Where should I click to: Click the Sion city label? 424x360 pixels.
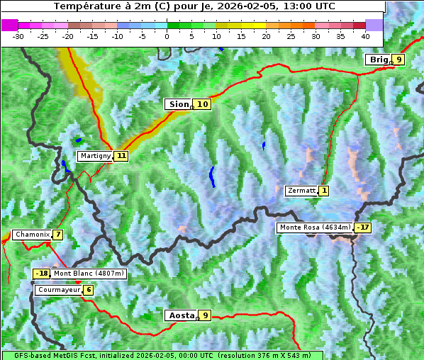pos(178,104)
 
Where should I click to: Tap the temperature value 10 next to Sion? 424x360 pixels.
pos(203,104)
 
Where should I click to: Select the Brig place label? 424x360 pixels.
pos(378,60)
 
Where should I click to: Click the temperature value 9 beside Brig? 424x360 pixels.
pos(399,60)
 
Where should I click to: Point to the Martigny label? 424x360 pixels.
pos(96,156)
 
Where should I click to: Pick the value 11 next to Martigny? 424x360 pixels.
pos(121,156)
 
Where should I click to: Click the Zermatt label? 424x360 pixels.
pos(301,191)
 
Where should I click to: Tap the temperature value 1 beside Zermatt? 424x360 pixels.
pos(324,191)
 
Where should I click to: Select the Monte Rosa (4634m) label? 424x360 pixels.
pos(315,227)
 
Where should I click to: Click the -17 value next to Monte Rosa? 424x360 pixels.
pos(363,227)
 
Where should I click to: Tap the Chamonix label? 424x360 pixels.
pos(32,235)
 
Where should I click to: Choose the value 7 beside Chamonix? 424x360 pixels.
pos(57,235)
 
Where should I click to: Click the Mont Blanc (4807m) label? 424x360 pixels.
pos(89,274)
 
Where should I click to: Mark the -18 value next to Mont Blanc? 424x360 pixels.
pos(42,274)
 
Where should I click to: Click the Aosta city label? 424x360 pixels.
pos(180,315)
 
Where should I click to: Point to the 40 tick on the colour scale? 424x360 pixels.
pos(365,35)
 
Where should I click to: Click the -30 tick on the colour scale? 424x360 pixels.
pos(18,35)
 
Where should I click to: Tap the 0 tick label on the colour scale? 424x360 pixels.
pos(167,35)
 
